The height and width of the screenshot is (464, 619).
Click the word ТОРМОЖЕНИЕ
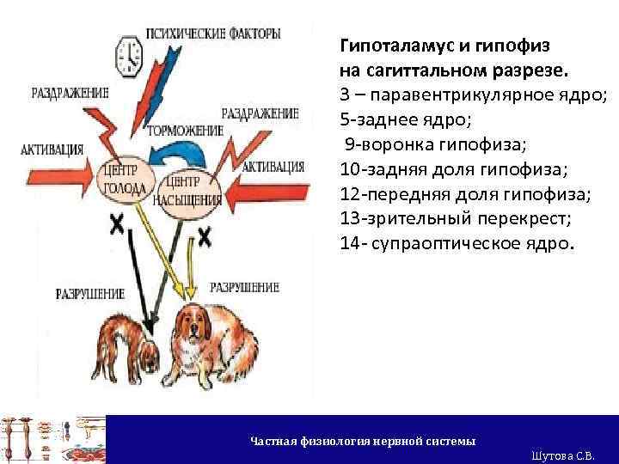(186, 131)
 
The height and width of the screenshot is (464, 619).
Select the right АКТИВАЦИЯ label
(273, 167)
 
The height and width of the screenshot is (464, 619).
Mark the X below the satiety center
(205, 237)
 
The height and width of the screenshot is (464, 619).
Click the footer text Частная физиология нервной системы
(362, 441)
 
